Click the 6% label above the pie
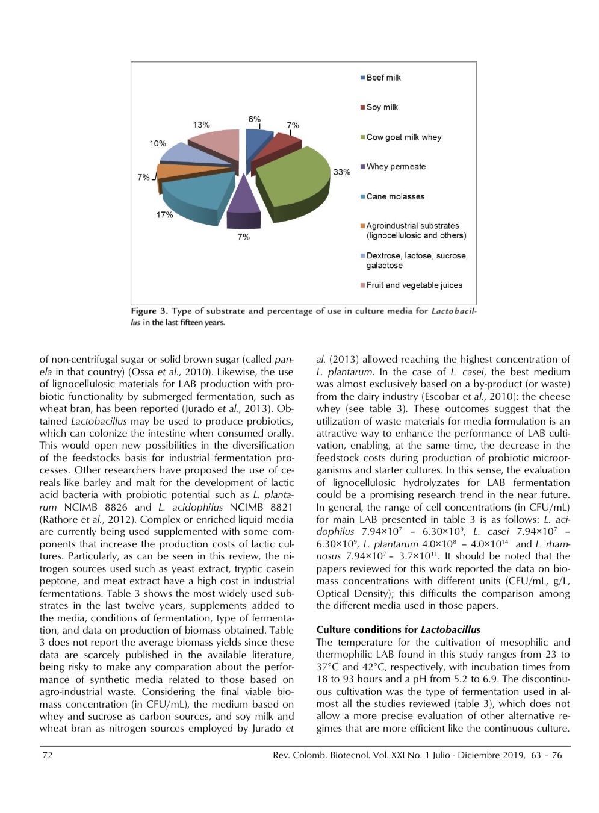pyautogui.click(x=254, y=119)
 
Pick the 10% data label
pyautogui.click(x=158, y=143)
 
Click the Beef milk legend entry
pyautogui.click(x=383, y=78)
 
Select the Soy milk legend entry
pyautogui.click(x=382, y=107)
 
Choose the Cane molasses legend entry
pyautogui.click(x=395, y=196)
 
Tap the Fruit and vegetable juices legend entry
pyautogui.click(x=414, y=285)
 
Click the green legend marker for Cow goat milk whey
pyautogui.click(x=362, y=137)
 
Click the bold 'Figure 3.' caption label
pyautogui.click(x=149, y=311)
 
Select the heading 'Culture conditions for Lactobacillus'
pyautogui.click(x=398, y=630)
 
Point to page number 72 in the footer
pyautogui.click(x=47, y=755)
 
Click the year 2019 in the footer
pyautogui.click(x=514, y=755)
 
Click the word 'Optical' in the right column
pyautogui.click(x=334, y=593)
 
